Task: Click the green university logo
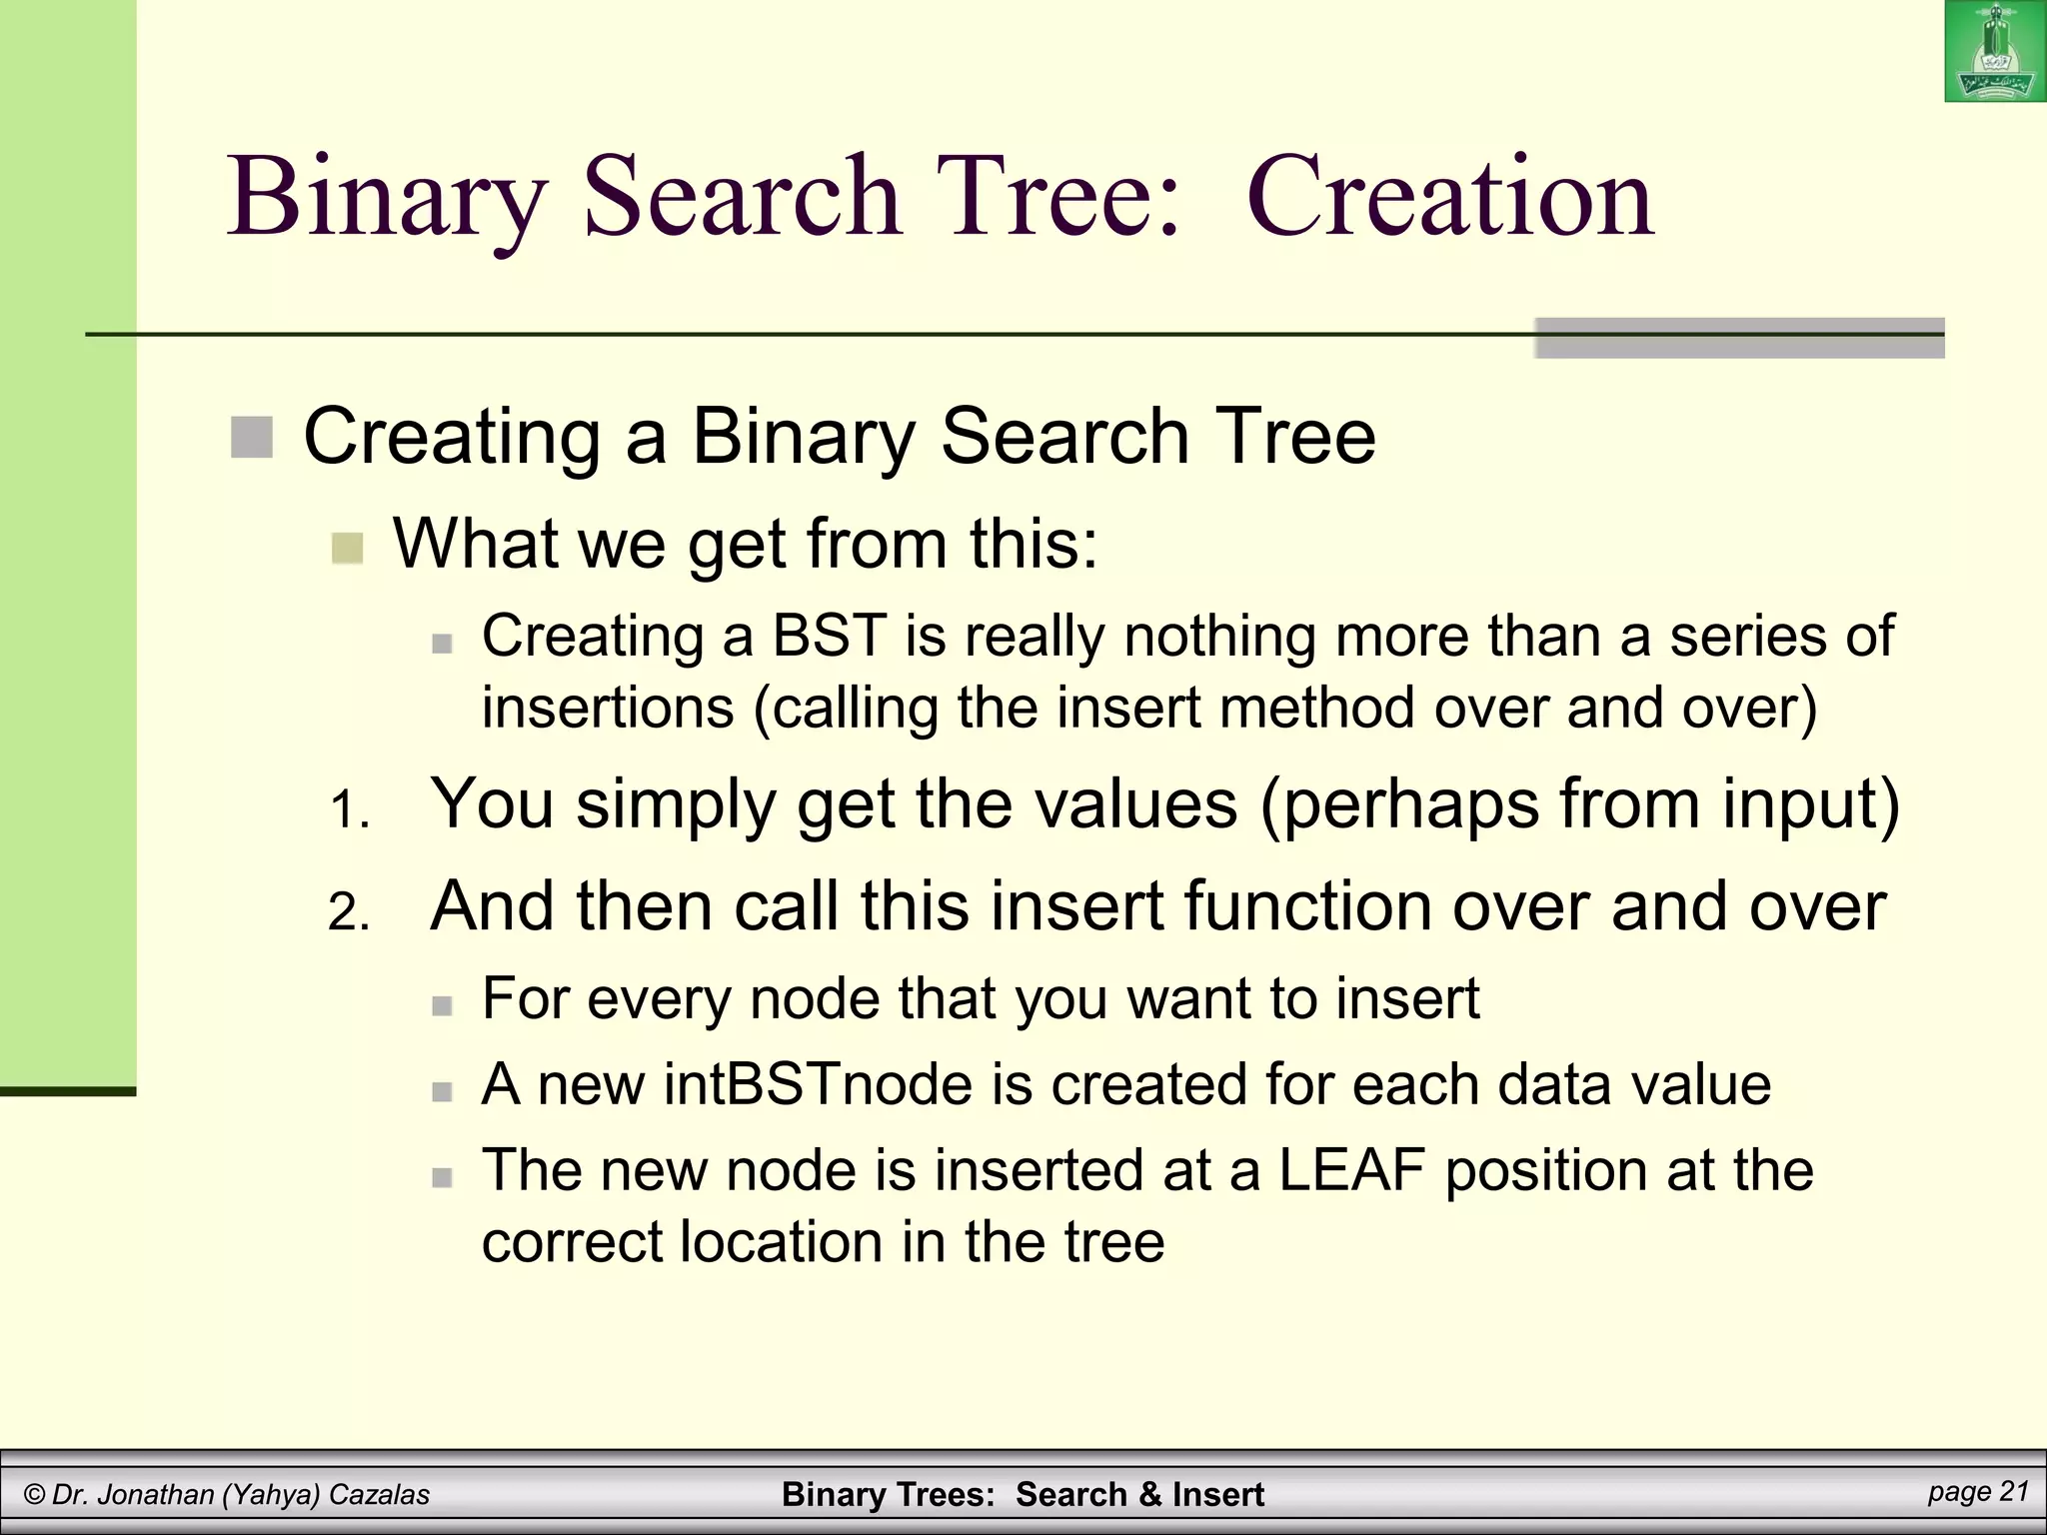point(1994,52)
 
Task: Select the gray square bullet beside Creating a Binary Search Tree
point(252,438)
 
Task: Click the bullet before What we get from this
point(347,548)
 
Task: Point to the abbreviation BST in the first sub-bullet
point(829,636)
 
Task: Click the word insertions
point(608,708)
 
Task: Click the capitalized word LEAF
point(1351,1170)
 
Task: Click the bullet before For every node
point(442,1004)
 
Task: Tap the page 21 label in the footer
point(1978,1492)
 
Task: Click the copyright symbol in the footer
point(35,1495)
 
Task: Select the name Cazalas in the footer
point(379,1495)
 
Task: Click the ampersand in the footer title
point(1149,1495)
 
